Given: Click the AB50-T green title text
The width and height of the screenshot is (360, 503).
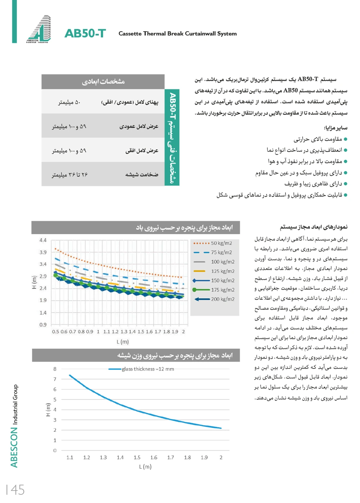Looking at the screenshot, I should point(85,33).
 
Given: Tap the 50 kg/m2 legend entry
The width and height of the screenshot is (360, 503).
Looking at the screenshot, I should point(221,243).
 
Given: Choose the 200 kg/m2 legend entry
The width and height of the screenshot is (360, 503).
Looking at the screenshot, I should point(222,299).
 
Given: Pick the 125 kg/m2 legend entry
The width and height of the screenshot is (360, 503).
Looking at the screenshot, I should point(222,271).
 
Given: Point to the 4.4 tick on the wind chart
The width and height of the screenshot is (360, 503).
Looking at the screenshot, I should point(43,240).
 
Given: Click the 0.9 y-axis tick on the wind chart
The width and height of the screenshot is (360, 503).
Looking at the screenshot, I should point(43,325).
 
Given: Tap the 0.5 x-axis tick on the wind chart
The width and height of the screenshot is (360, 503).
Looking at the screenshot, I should point(55,332).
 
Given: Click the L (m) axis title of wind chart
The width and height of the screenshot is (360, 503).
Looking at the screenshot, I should point(122,342).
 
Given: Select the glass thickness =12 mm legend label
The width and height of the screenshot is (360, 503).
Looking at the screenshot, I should point(148,369).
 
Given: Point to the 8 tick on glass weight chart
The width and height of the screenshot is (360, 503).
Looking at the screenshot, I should point(55,369).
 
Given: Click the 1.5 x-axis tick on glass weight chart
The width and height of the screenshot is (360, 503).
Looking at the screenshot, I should point(137,458).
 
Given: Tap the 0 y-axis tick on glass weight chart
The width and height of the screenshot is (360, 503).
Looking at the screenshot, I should point(55,450).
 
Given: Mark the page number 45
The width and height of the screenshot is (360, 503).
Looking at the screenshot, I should point(15,490).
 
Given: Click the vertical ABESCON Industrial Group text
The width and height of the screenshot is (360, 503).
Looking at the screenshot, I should point(14,426).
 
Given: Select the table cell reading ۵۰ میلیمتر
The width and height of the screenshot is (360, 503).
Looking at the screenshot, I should point(69,103).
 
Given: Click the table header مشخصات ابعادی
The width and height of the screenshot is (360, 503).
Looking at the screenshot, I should point(103,82).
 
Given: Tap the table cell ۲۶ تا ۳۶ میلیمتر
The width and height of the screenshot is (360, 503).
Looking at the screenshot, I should point(69,175).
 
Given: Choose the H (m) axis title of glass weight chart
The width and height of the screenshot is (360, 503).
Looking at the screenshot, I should point(48,409).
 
